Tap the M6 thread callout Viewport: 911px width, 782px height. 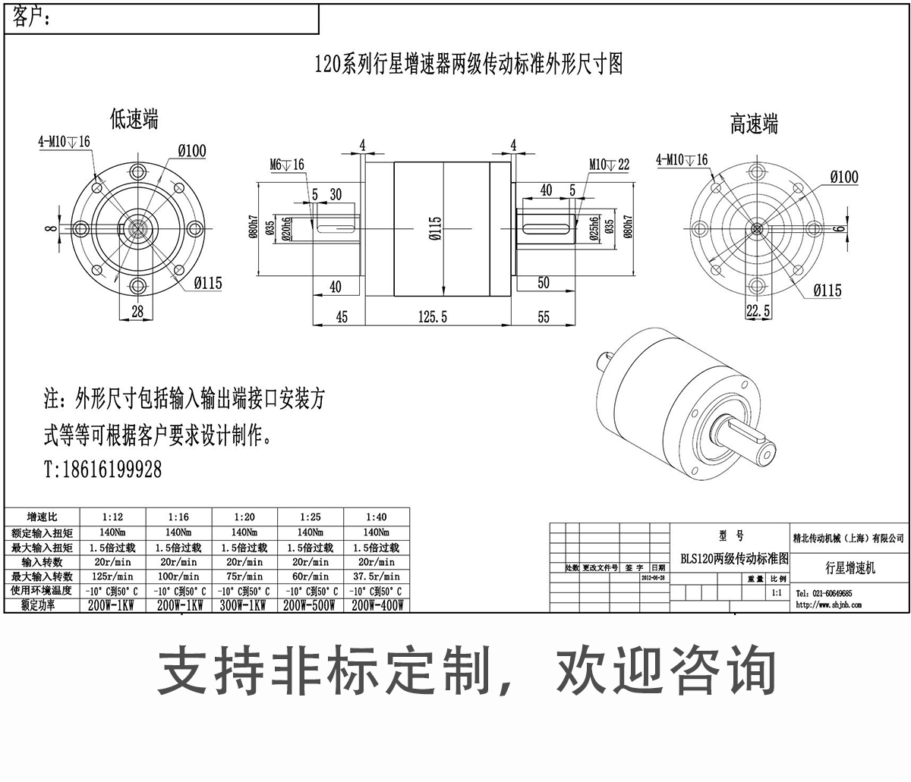click(286, 165)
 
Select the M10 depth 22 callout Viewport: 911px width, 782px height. click(609, 165)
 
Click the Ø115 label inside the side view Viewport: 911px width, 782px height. click(435, 227)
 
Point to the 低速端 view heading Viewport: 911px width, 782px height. click(134, 119)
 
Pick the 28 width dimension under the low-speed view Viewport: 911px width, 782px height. click(137, 311)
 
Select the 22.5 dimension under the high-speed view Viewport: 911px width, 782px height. click(758, 311)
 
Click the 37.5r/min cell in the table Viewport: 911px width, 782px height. click(376, 576)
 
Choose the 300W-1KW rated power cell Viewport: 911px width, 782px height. click(244, 605)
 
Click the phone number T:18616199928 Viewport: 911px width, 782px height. click(102, 470)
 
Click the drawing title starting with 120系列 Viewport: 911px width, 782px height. click(468, 64)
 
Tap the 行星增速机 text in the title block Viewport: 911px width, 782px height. click(850, 567)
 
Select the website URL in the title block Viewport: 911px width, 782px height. click(828, 605)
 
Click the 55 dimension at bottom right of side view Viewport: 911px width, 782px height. click(544, 316)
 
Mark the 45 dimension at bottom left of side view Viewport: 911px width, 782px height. click(342, 316)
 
